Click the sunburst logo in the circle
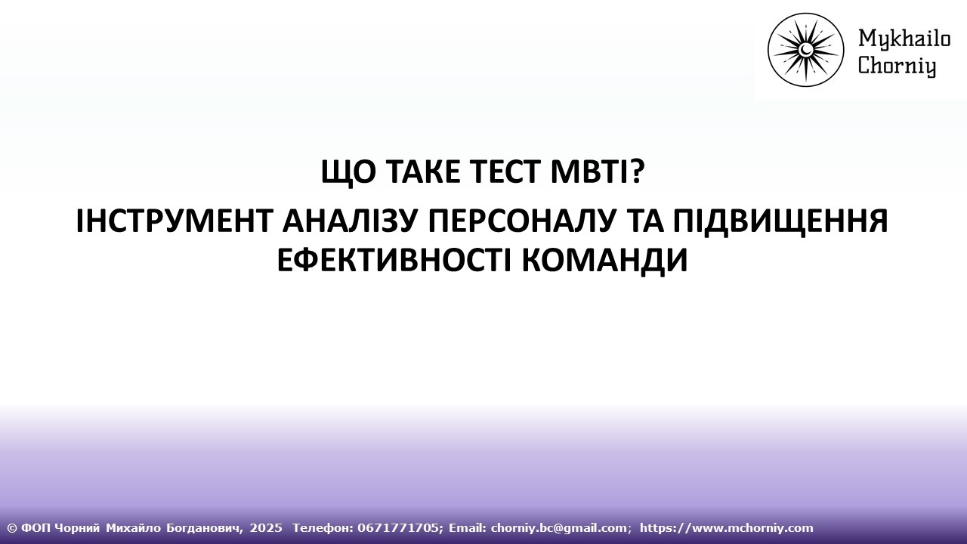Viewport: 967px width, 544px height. click(x=805, y=50)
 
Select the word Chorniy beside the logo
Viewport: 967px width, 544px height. click(x=897, y=66)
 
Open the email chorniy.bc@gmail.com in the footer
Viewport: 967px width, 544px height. click(x=560, y=528)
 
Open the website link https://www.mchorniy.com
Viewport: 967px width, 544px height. click(x=726, y=528)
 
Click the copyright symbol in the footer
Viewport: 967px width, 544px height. click(x=11, y=528)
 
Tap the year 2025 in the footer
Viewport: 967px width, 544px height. click(x=265, y=528)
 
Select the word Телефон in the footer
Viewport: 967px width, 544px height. click(x=318, y=528)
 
